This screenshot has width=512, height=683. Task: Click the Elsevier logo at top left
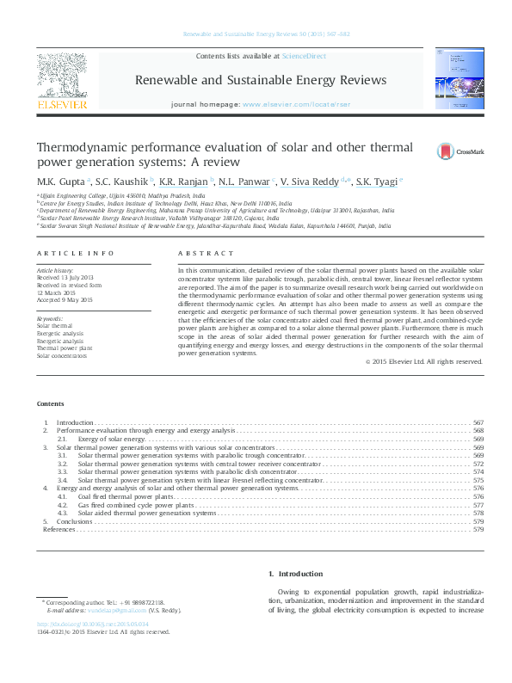click(x=62, y=82)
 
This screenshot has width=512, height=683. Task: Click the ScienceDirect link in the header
click(x=299, y=56)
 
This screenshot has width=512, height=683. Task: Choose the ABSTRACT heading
click(x=206, y=254)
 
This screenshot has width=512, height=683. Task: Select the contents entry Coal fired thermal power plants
click(x=126, y=496)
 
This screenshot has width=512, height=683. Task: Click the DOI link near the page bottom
click(x=93, y=624)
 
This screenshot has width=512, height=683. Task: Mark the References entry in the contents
click(x=59, y=530)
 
